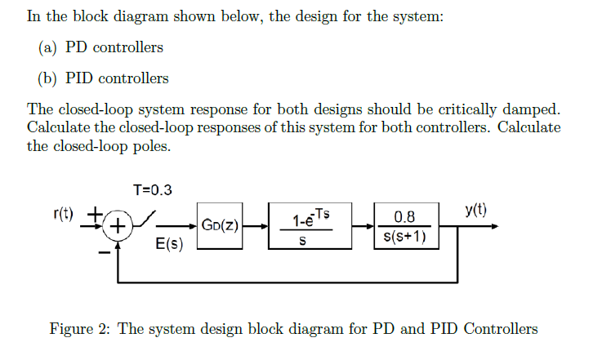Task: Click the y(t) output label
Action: click(475, 209)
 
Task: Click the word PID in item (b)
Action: click(85, 78)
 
